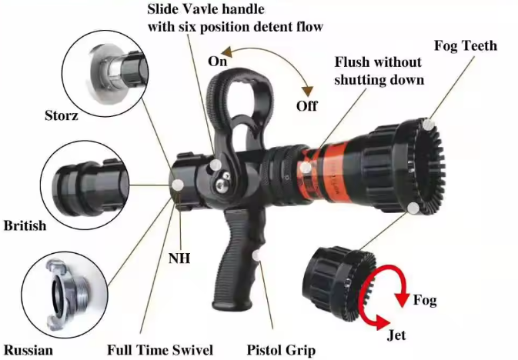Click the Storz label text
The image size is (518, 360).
tap(62, 115)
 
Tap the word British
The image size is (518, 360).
tap(25, 225)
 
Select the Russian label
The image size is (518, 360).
tap(28, 350)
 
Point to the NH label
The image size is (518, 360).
tap(179, 258)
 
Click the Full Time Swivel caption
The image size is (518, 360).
tap(160, 350)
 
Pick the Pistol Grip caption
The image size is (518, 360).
tap(281, 350)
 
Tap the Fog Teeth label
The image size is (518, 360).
tap(466, 45)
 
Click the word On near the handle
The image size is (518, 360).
tap(217, 62)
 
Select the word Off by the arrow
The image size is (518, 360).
tap(307, 106)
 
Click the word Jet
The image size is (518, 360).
tap(396, 335)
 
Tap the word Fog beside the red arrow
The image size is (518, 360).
tap(425, 300)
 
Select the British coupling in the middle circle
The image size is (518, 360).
tap(90, 187)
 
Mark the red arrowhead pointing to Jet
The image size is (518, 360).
tap(381, 322)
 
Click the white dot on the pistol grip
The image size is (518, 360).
tap(256, 255)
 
